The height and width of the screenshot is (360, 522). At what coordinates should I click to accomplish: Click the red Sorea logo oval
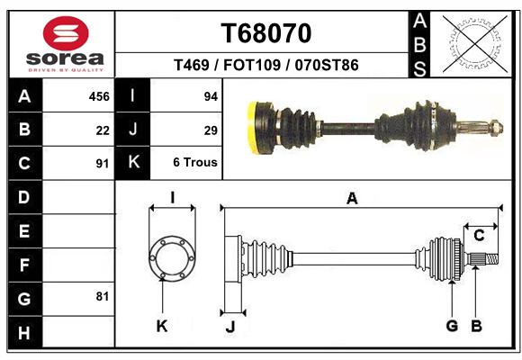(66, 33)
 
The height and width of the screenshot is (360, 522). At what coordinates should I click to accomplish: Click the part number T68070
(266, 33)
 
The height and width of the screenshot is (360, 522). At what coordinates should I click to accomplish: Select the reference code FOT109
(252, 65)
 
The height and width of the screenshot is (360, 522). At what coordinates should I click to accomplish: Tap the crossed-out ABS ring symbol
(475, 43)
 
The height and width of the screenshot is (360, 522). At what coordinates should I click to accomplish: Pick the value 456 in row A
(99, 96)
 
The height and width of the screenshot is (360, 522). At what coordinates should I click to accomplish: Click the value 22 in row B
(103, 130)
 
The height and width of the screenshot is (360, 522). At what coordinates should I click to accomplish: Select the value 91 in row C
(103, 164)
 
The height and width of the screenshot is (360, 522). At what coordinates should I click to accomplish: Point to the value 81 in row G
(103, 296)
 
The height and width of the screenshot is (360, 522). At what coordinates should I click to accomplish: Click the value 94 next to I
(211, 96)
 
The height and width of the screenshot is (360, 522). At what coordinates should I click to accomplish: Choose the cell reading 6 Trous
(195, 162)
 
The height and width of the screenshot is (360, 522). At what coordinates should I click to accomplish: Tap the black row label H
(25, 332)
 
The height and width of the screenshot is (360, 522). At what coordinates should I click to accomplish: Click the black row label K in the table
(133, 162)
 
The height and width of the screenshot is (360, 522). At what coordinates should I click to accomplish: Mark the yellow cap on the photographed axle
(254, 128)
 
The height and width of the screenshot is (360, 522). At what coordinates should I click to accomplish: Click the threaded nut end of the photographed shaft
(497, 128)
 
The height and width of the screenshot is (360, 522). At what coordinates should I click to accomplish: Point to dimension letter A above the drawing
(352, 199)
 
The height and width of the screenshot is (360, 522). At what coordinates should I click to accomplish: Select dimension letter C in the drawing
(479, 236)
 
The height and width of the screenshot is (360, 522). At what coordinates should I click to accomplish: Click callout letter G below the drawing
(452, 326)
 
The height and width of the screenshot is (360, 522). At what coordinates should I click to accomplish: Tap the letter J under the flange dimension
(230, 327)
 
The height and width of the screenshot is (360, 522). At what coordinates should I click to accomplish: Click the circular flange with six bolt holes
(172, 257)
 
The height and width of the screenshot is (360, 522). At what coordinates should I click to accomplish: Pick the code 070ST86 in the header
(327, 65)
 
